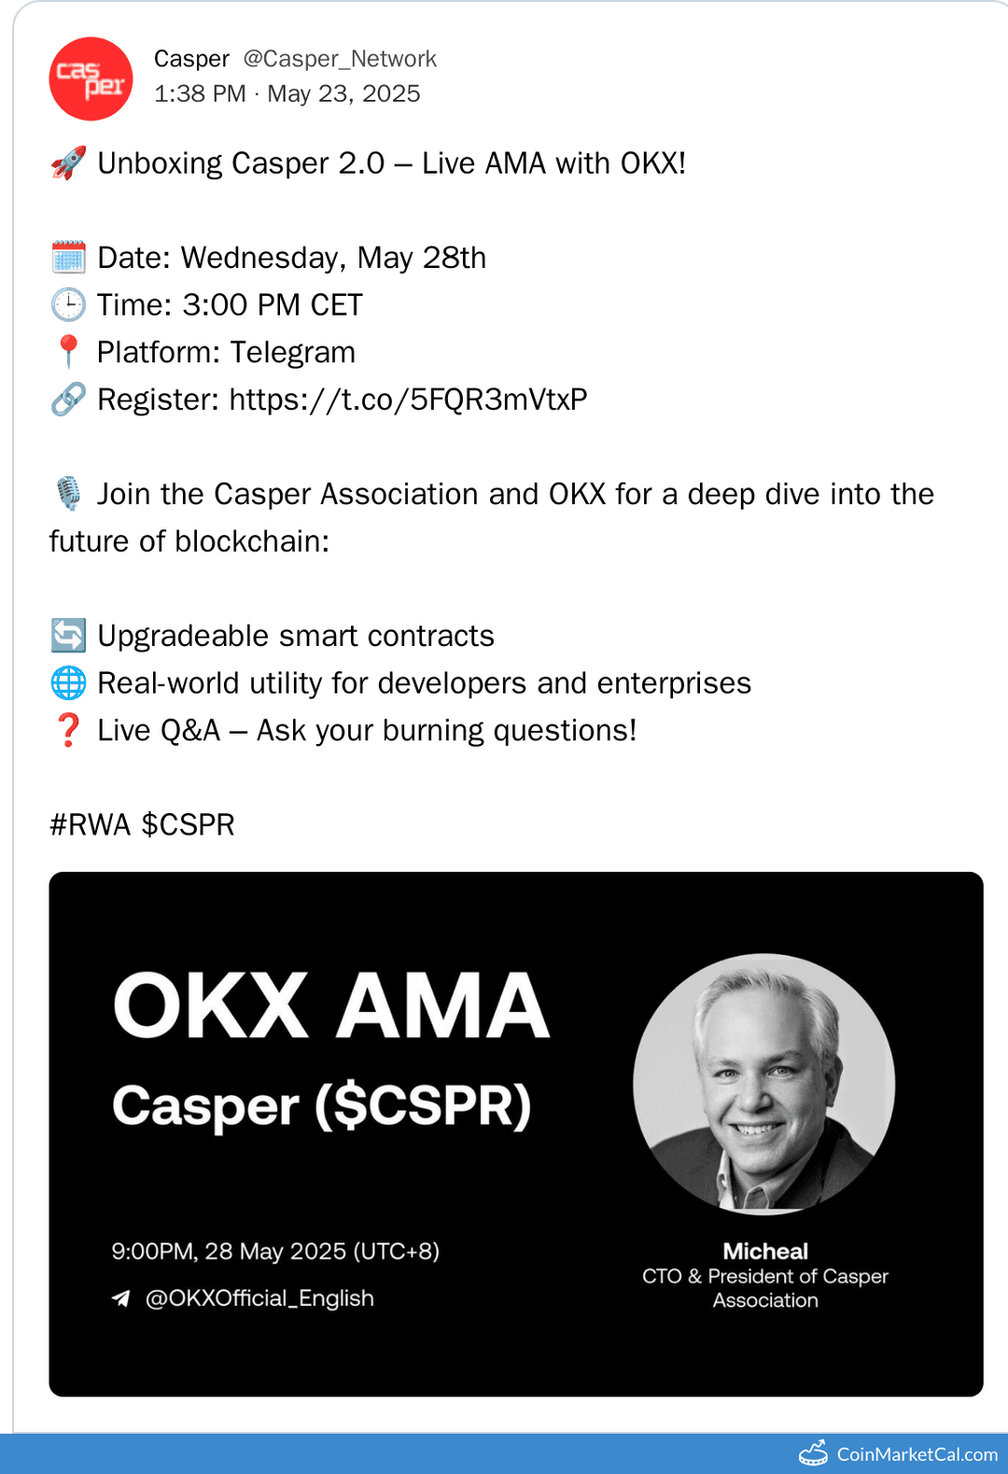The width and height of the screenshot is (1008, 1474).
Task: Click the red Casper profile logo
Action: pos(91,79)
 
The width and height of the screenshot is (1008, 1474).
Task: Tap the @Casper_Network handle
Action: pos(340,59)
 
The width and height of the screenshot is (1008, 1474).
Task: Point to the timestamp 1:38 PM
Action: pos(200,93)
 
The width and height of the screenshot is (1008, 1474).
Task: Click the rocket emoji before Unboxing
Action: pos(68,163)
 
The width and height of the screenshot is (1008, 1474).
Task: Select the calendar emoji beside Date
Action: pos(68,257)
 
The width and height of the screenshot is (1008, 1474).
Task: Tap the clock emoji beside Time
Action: pos(68,304)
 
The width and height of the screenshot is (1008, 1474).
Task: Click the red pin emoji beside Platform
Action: pos(68,352)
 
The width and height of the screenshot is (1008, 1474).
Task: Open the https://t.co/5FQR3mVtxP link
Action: pos(408,400)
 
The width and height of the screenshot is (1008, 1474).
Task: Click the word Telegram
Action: pos(292,352)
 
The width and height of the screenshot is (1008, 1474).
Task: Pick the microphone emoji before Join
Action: pos(68,494)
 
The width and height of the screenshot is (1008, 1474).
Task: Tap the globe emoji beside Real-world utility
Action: pos(68,683)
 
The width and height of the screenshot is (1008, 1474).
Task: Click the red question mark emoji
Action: pos(68,730)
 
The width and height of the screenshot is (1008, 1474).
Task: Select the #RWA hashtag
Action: pos(90,825)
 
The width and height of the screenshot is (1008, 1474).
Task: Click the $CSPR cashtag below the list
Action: pos(188,825)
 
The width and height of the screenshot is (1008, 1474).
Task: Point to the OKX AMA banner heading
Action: pos(331,1005)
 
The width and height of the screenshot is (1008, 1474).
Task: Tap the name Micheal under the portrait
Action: pos(765,1251)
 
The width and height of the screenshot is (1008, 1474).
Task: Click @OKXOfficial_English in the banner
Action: pos(259,1299)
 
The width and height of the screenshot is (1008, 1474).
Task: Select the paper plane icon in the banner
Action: pos(121,1299)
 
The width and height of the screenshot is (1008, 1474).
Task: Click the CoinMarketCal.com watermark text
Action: pos(917,1454)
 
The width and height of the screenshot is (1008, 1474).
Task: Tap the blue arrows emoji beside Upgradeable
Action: pos(68,636)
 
